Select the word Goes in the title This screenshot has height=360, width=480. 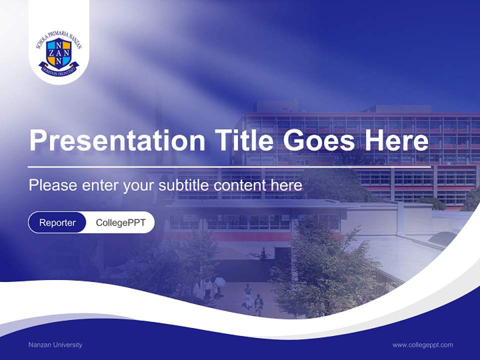tap(319, 141)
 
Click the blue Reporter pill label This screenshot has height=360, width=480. tap(57, 222)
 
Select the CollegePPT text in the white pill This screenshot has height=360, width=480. tap(120, 222)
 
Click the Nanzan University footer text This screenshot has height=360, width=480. tap(55, 344)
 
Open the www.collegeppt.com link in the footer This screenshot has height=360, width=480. tap(422, 344)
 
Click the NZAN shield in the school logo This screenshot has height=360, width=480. tap(58, 52)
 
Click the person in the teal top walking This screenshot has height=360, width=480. tap(247, 295)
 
